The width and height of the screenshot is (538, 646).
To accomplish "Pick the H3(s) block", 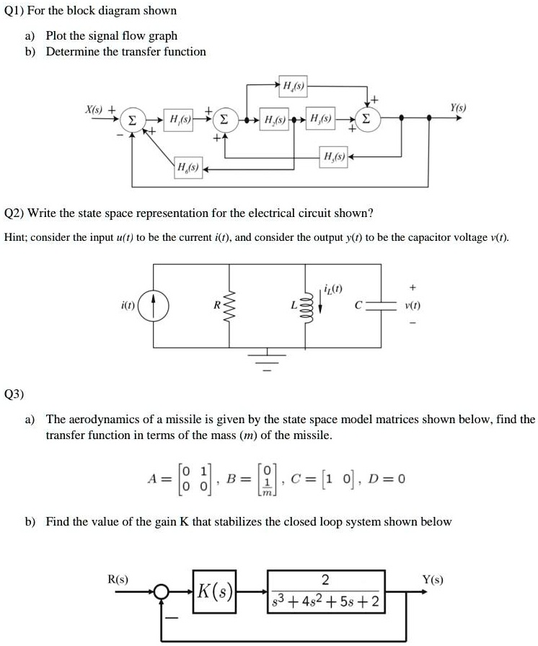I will (319, 118).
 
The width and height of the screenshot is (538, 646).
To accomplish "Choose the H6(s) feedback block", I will (188, 169).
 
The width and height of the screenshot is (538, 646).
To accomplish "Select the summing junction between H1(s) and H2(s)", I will (225, 118).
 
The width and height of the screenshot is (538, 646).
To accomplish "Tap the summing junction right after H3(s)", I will (367, 118).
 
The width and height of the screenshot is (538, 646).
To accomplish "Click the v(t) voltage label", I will (414, 306).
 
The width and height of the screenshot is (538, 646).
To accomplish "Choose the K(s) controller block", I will (214, 592).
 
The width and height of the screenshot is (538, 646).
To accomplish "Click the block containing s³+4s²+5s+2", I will (325, 592).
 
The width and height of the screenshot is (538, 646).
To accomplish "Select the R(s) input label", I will (118, 578).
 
